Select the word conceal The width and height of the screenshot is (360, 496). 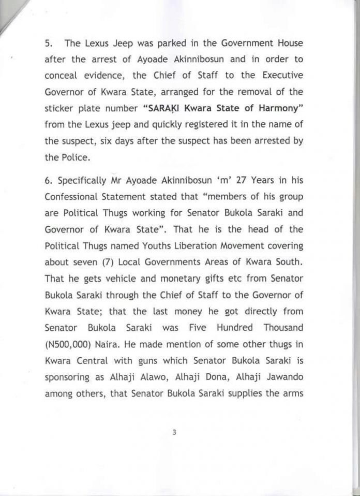click(68, 76)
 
